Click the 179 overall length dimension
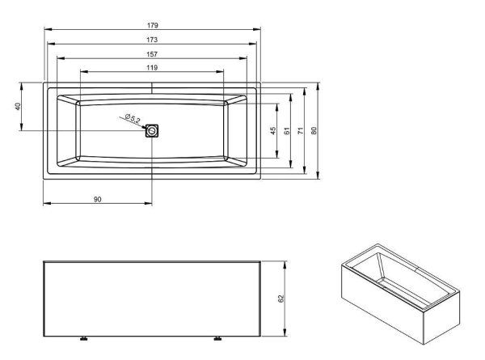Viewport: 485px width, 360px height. [152, 25]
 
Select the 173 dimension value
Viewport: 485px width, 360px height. [152, 39]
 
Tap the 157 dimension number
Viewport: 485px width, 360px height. [152, 53]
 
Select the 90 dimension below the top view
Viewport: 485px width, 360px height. [97, 198]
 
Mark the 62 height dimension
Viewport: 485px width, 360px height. [281, 298]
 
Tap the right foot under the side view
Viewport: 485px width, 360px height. [217, 337]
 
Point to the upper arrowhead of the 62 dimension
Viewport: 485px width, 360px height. [288, 263]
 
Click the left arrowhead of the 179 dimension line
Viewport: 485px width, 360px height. [44, 30]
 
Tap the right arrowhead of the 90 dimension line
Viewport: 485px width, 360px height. [150, 203]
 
